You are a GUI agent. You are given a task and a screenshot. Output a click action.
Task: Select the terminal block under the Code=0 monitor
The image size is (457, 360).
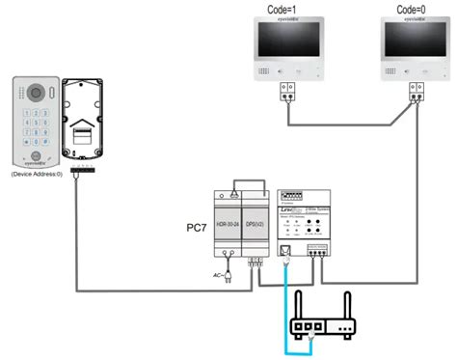coord(415,92)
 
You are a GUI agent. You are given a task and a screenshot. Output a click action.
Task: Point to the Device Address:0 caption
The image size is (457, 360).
coord(37,175)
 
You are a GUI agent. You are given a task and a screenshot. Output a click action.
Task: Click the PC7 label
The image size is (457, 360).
coord(194,230)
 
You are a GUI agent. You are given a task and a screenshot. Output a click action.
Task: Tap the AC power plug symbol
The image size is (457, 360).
coord(228,277)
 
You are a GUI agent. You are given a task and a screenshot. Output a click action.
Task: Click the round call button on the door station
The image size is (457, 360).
coord(35,155)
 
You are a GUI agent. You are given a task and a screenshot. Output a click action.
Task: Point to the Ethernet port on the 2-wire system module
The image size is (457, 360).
coord(284,254)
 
